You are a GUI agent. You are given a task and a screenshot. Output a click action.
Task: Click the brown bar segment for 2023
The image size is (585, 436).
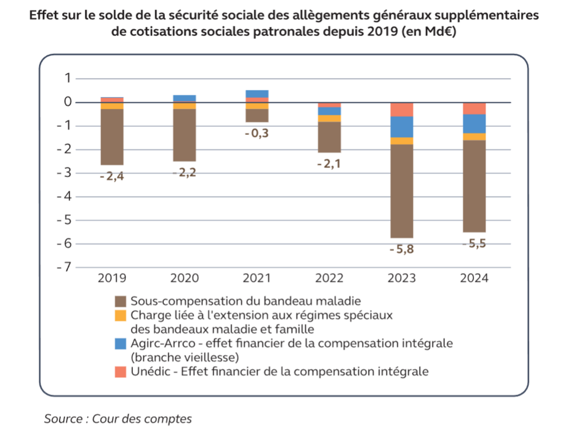tap(401, 190)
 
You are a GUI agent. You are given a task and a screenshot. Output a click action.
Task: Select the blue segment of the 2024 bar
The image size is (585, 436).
tap(474, 124)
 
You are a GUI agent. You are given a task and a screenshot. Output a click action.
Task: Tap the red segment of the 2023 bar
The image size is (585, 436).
tap(401, 110)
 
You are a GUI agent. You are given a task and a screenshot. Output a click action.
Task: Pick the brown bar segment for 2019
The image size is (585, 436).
tap(112, 137)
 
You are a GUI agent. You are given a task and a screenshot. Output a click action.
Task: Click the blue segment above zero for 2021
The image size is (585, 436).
tap(257, 94)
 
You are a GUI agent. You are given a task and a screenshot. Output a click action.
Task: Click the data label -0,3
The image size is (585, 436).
tap(257, 133)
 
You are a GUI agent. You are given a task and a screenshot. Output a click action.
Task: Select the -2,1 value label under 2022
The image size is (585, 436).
tap(329, 163)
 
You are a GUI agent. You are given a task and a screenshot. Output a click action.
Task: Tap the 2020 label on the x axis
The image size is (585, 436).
tap(184, 278)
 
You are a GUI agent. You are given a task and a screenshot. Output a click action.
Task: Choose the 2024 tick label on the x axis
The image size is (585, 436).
tap(474, 278)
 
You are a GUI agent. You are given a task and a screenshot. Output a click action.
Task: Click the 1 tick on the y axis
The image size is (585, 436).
tap(68, 79)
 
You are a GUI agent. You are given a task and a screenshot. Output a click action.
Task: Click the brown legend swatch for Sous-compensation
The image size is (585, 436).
tap(121, 301)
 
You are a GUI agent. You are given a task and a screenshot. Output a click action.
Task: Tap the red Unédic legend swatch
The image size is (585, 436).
tap(121, 372)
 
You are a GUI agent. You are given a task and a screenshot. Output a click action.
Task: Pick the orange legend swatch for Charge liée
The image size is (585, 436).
tap(121, 315)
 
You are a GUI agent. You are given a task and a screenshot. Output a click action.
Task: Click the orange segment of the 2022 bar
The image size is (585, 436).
tap(329, 118)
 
